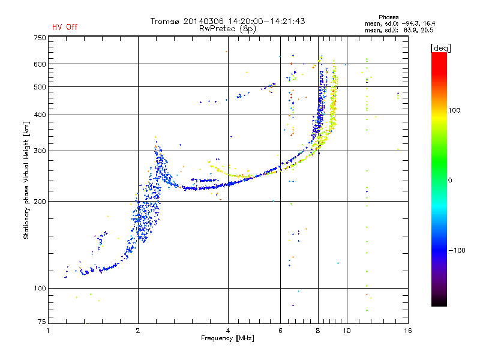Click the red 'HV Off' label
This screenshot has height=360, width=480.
click(65, 27)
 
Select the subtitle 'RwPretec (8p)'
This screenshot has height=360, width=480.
click(227, 29)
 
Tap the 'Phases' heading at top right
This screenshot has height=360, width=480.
click(388, 17)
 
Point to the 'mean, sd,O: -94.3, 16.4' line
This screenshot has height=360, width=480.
click(400, 23)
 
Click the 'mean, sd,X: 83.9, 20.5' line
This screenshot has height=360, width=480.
click(399, 30)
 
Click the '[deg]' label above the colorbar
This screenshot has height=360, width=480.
click(440, 48)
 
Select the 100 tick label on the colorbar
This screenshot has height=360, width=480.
click(454, 110)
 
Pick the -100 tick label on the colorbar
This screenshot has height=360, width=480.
click(457, 250)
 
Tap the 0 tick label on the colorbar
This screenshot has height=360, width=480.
click(450, 180)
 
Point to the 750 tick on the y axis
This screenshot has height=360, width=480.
click(40, 38)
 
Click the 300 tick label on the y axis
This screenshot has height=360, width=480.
click(40, 151)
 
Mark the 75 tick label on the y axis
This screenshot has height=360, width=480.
click(42, 322)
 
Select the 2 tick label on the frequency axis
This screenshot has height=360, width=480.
click(138, 331)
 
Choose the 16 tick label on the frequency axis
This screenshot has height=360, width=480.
click(408, 331)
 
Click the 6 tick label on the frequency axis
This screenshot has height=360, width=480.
click(280, 331)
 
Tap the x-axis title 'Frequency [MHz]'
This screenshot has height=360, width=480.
click(227, 338)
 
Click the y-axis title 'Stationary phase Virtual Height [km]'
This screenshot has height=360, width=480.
click(26, 180)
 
